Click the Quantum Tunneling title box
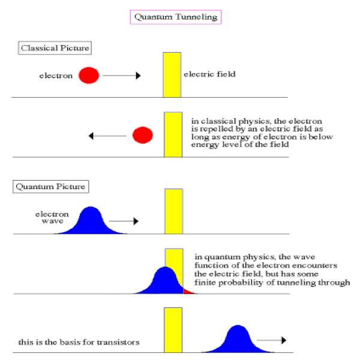[176, 17]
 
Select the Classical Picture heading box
[55, 48]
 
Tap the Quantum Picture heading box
[51, 187]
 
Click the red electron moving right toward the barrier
[89, 76]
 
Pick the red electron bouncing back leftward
[143, 135]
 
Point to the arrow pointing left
[107, 136]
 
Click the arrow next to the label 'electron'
[122, 76]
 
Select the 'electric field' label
[209, 74]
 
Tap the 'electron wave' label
[52, 217]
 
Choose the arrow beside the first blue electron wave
[124, 221]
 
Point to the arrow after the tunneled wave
[272, 340]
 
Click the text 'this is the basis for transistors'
[79, 342]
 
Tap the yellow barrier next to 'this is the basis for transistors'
[173, 330]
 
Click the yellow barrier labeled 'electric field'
[172, 75]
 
